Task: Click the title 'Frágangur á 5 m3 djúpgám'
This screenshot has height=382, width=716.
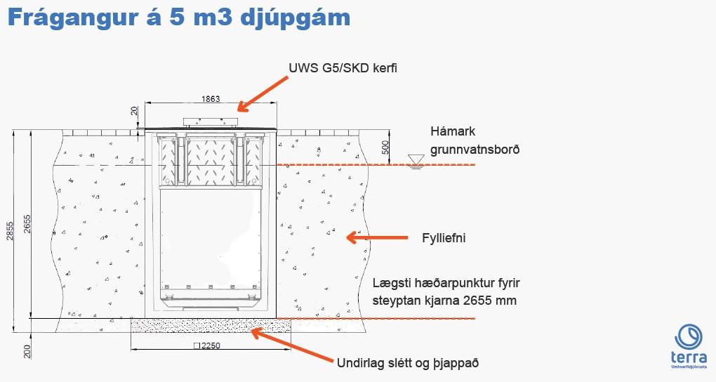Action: tap(179, 18)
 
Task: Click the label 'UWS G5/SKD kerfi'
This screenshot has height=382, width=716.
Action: tap(347, 67)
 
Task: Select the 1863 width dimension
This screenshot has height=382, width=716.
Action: tap(209, 99)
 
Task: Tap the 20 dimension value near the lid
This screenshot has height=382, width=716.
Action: tap(134, 112)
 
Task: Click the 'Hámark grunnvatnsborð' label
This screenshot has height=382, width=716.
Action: tap(475, 140)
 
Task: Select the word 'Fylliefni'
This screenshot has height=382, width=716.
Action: tap(444, 239)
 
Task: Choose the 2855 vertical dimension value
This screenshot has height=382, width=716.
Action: tap(11, 226)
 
